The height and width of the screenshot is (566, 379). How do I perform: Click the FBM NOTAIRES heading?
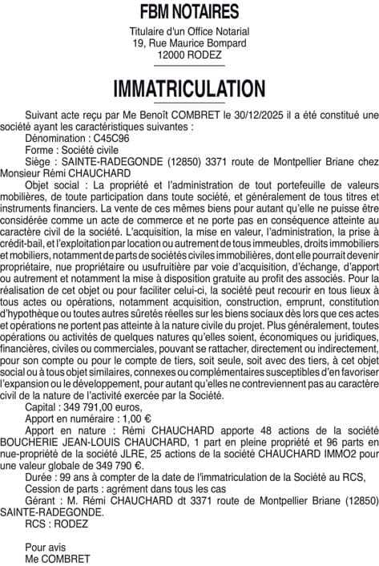coord(189,12)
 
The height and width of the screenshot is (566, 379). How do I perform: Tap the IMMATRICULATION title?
coord(189,87)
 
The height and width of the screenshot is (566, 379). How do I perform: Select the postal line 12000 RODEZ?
coord(189,55)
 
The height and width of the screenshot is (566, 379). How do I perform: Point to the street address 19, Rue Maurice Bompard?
coord(189,42)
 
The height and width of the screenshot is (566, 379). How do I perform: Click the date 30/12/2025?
coord(258,116)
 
